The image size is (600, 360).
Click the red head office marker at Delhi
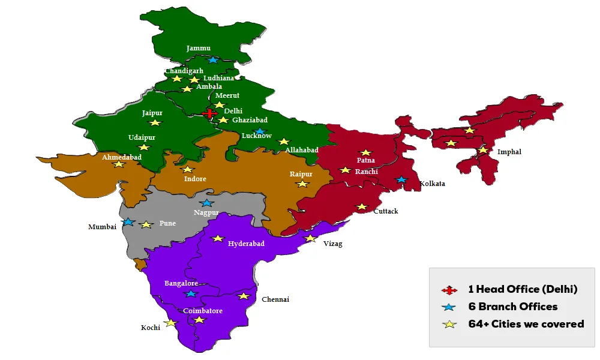209,113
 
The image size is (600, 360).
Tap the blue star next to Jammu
213,60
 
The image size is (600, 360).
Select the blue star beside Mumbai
128,222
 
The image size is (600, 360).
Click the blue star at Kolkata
401,180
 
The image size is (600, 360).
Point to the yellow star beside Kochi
171,323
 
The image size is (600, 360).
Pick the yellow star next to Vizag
310,238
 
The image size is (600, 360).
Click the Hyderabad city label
246,244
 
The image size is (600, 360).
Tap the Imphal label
509,152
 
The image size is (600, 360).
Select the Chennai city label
275,299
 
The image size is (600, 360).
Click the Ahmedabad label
122,157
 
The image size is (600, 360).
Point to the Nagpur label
206,212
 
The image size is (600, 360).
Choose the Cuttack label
385,211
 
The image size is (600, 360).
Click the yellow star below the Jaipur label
155,122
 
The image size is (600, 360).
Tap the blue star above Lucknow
259,131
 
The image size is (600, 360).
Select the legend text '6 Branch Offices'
513,307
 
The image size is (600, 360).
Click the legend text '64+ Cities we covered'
526,324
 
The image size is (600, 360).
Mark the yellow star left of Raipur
302,184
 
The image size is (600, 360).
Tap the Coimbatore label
203,311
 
